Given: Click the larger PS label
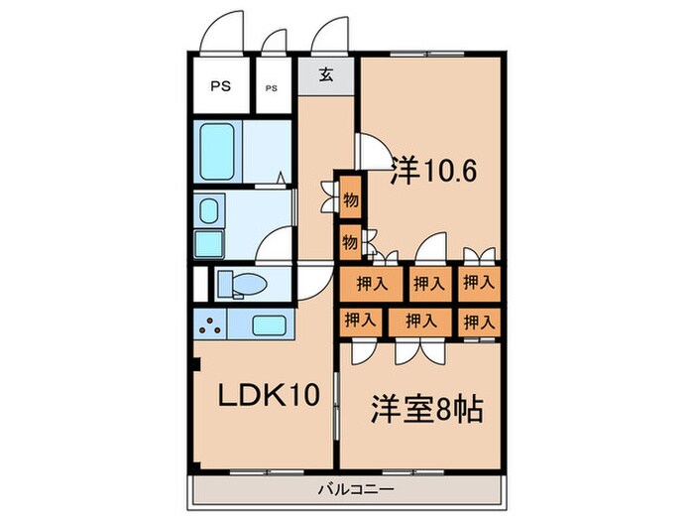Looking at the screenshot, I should point(219,86).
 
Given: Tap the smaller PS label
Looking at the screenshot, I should point(272,87).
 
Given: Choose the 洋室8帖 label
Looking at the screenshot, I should point(427,408).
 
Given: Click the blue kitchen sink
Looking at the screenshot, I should point(269,325).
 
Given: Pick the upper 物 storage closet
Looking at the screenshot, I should point(350,199).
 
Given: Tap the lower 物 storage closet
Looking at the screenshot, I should point(350,239).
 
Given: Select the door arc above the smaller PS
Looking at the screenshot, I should point(275,41).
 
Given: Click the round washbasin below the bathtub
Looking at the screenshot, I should point(209,210).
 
